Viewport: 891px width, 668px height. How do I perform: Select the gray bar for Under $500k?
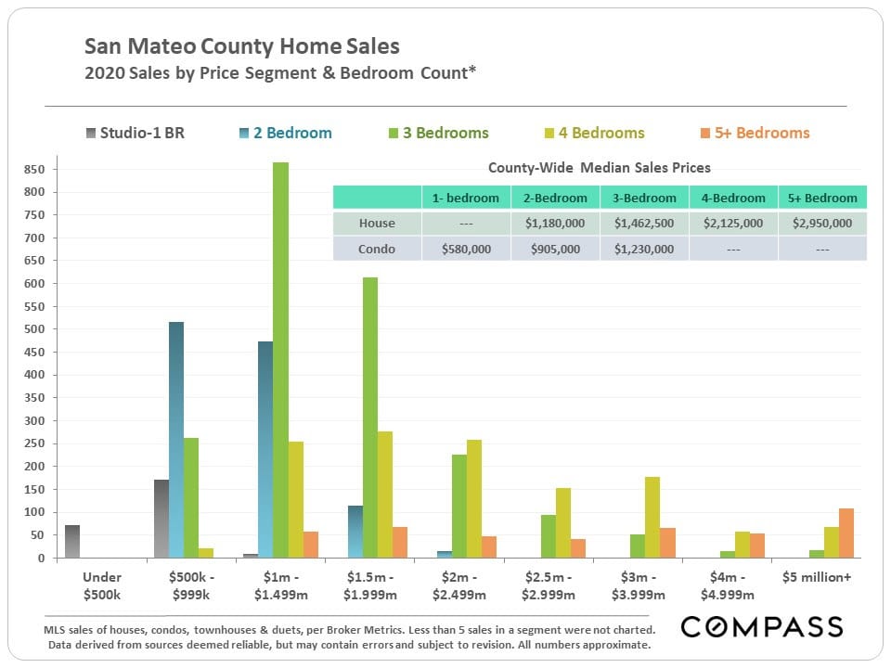(71, 542)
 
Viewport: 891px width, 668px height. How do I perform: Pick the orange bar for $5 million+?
(846, 533)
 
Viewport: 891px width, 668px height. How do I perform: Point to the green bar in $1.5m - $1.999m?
(370, 417)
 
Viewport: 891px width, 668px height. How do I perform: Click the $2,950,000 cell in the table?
(823, 223)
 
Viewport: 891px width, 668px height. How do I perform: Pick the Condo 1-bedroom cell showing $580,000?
(466, 249)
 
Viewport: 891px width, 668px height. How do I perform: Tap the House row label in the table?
(377, 223)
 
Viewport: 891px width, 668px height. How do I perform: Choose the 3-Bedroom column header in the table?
(644, 198)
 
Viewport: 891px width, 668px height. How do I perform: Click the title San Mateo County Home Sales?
(243, 45)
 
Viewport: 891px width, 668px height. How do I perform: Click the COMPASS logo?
(762, 627)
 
